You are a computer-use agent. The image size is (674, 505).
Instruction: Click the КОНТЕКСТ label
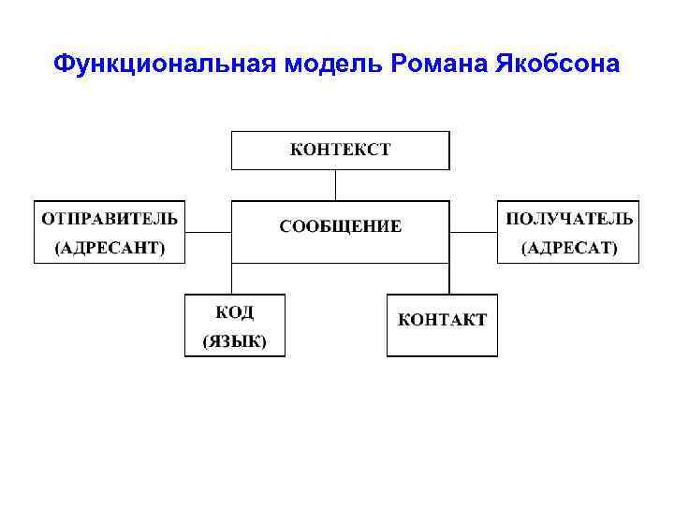pyautogui.click(x=340, y=150)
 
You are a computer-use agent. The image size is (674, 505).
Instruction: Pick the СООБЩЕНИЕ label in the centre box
pyautogui.click(x=340, y=226)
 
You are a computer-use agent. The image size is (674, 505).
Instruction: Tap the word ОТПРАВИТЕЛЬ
pyautogui.click(x=109, y=219)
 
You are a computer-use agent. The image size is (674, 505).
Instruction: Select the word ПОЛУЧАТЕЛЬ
pyautogui.click(x=568, y=219)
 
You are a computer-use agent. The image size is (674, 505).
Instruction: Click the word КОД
pyautogui.click(x=234, y=311)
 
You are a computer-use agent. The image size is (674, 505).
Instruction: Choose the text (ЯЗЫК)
pyautogui.click(x=234, y=341)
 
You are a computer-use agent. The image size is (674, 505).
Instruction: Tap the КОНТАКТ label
pyautogui.click(x=442, y=320)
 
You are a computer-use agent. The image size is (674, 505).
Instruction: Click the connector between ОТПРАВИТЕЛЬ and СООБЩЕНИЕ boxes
pyautogui.click(x=208, y=232)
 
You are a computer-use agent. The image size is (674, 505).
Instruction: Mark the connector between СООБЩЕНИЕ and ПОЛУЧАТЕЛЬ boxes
pyautogui.click(x=473, y=232)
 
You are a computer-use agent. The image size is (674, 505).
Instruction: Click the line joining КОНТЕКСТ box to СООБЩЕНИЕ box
pyautogui.click(x=340, y=185)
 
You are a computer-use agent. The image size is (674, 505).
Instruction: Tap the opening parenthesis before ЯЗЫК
pyautogui.click(x=206, y=342)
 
